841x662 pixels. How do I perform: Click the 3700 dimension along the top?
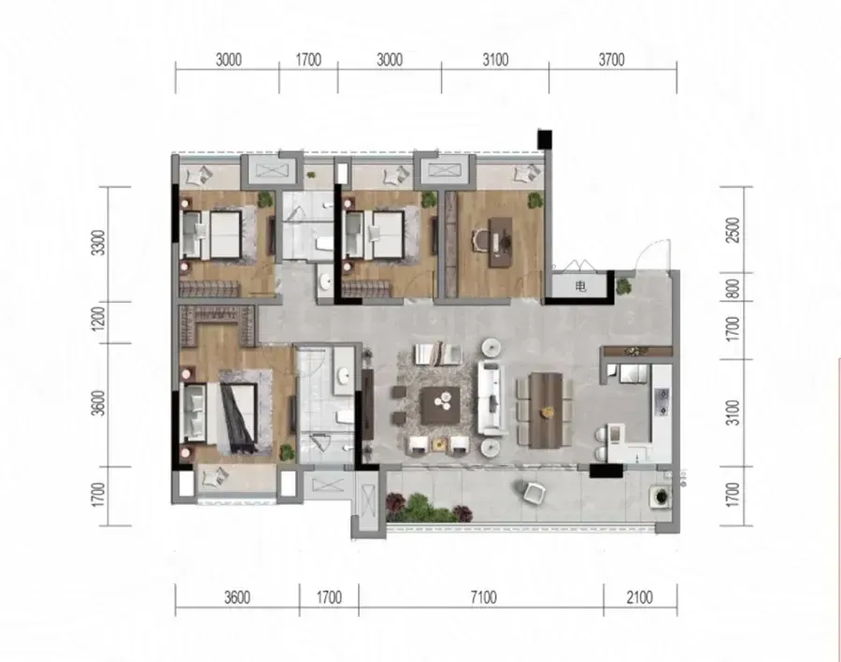coord(611,60)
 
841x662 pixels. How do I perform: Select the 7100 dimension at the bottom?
coord(483,597)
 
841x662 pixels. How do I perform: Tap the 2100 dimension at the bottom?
coord(639,597)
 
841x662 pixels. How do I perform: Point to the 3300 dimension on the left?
coord(99,243)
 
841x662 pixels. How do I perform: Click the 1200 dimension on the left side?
coord(99,318)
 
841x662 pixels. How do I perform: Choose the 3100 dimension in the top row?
coord(495,60)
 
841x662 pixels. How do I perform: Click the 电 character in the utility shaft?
coord(581,287)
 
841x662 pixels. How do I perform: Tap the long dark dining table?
coord(546,410)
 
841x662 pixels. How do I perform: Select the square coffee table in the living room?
coord(440,406)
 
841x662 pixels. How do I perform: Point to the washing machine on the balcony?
coord(661,496)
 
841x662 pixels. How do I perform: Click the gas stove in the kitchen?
coord(663,402)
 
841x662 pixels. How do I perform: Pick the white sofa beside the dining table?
coord(492,398)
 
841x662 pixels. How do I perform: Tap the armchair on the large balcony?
coord(534,493)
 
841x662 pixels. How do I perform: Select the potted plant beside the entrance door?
coord(623,286)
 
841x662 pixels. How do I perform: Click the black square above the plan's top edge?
coord(545,139)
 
